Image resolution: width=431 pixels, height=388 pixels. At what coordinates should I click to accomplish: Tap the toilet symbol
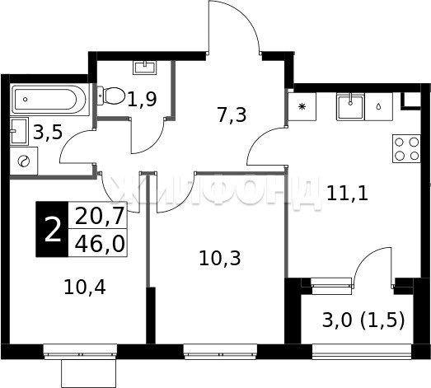tap(110, 96)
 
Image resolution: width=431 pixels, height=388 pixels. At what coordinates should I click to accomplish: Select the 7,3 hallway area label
tap(232, 115)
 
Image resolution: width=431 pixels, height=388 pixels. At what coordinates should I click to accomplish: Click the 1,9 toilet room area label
tap(142, 99)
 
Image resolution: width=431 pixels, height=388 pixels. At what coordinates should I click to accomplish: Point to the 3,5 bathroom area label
tap(48, 132)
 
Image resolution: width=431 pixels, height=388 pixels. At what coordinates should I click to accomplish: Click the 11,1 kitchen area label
tap(347, 194)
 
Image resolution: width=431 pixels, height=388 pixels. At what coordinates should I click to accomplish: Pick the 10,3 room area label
tap(220, 259)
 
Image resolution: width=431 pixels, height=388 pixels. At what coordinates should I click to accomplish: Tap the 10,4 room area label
tap(85, 287)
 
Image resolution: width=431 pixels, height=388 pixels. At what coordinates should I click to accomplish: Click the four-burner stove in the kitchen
tap(406, 148)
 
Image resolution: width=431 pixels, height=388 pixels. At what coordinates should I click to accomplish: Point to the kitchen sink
tap(350, 106)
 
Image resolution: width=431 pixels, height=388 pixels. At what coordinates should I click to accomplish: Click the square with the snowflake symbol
tap(302, 106)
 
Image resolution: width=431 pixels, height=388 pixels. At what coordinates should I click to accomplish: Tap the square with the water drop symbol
tap(379, 106)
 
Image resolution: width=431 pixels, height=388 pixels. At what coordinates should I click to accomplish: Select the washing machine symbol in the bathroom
tap(24, 161)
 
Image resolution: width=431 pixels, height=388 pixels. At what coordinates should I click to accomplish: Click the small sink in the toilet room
tap(145, 68)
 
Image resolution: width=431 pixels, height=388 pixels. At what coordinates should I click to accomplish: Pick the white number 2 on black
tap(52, 229)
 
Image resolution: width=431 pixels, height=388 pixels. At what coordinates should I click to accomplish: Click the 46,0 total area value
tap(100, 244)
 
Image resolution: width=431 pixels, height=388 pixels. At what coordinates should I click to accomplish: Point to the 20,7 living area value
tap(100, 216)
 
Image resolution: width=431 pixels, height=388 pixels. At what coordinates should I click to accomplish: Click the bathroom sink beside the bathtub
tap(19, 131)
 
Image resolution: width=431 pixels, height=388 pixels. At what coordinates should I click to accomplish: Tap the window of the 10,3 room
tap(221, 352)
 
